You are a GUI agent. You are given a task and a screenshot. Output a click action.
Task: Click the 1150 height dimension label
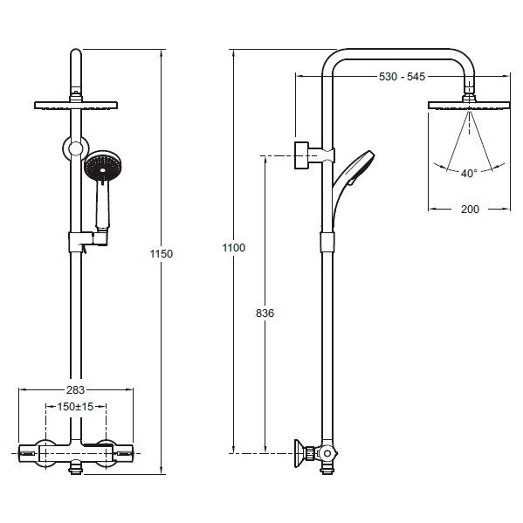tap(162, 254)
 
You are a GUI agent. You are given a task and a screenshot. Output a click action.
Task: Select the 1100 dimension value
tap(234, 247)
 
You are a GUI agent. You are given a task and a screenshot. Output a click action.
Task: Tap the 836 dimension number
tap(265, 313)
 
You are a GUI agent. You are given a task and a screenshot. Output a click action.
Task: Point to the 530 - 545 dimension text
tap(402, 77)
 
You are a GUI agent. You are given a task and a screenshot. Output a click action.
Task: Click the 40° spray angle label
tap(469, 174)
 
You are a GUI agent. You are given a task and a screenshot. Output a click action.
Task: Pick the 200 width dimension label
tap(470, 210)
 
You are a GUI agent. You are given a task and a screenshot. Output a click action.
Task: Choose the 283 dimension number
tap(75, 389)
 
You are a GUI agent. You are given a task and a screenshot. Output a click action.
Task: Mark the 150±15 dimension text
tap(75, 407)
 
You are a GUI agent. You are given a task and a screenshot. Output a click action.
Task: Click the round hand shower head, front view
tap(103, 166)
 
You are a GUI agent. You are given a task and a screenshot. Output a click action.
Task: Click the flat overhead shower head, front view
tap(76, 105)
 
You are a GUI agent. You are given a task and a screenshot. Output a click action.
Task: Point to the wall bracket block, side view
tap(301, 155)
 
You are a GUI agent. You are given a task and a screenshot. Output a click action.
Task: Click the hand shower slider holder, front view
tap(87, 241)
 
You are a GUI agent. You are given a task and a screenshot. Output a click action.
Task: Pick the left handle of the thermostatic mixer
tap(29, 453)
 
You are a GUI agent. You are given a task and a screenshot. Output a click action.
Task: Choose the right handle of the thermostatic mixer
tap(123, 453)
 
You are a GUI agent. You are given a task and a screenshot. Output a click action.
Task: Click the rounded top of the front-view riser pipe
tap(76, 53)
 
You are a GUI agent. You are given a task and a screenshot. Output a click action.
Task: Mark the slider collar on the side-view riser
tap(327, 242)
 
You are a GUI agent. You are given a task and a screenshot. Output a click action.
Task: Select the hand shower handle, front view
tap(102, 205)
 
